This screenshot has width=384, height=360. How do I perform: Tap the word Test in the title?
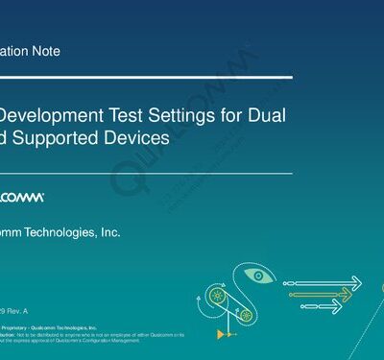pyautogui.click(x=124, y=114)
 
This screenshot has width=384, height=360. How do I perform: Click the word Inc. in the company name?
pyautogui.click(x=109, y=232)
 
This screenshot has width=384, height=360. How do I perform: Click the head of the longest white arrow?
pyautogui.click(x=356, y=283)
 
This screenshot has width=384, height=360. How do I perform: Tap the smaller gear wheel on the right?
pyautogui.click(x=246, y=314)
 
